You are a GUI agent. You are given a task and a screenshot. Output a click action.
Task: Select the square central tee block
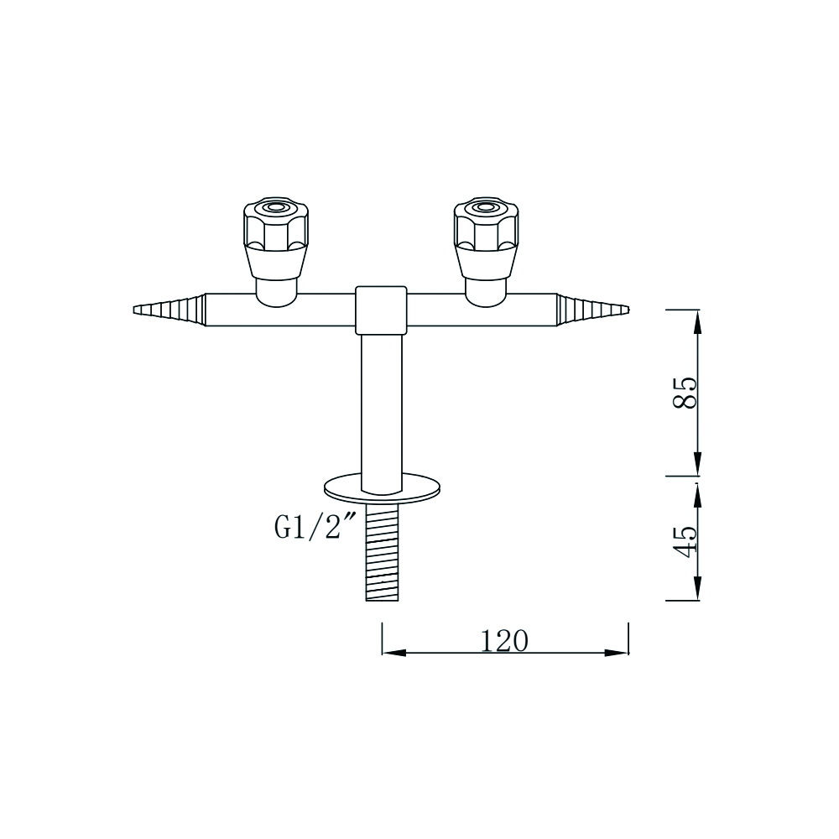click(381, 309)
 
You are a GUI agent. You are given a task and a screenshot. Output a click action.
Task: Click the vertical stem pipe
click(381, 403)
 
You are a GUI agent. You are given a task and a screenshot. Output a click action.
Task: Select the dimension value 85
click(684, 393)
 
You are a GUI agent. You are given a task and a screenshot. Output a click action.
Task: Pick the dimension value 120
click(504, 641)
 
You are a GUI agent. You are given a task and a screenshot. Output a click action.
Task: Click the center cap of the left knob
click(274, 207)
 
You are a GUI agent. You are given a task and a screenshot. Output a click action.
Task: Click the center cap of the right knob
click(485, 207)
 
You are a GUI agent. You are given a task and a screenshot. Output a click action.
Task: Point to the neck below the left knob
click(275, 289)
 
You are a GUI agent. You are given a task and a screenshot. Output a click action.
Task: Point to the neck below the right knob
click(486, 289)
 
